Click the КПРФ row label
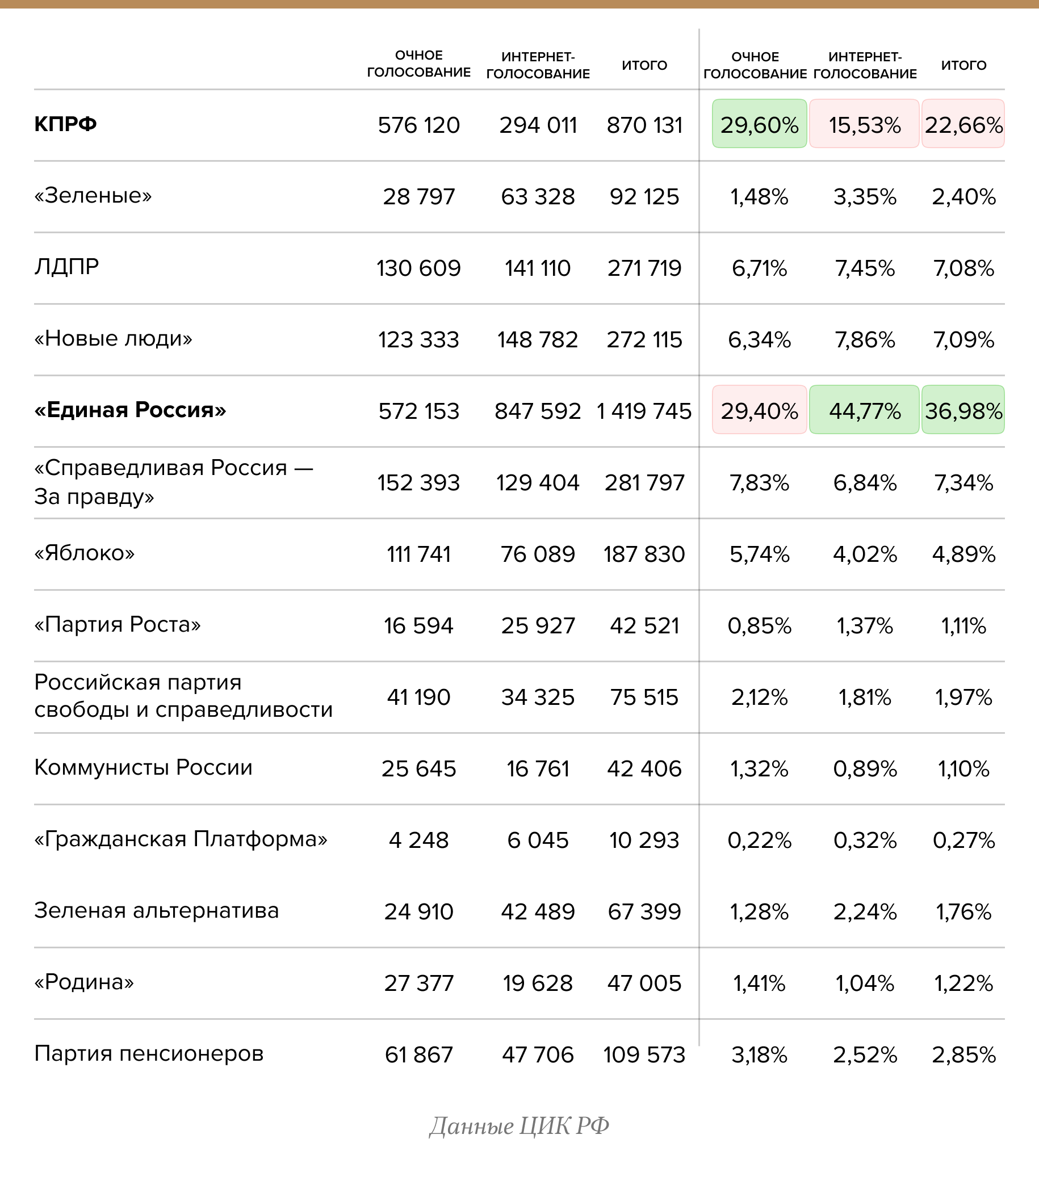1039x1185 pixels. (65, 124)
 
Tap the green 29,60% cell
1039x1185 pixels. (759, 124)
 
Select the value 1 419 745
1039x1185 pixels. (644, 411)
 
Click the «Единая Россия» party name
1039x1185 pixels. (130, 410)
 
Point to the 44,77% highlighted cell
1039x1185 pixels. (865, 410)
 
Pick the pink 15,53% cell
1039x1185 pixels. (865, 124)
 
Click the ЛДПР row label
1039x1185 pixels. (66, 267)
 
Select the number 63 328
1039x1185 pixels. (538, 196)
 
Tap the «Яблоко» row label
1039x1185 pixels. (85, 553)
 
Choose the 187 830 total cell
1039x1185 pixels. (644, 554)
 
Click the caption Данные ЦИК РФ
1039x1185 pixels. (519, 1125)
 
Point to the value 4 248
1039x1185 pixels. (418, 839)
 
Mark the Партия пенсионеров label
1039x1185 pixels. (149, 1053)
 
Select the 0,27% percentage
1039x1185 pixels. (963, 839)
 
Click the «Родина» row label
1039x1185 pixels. (84, 982)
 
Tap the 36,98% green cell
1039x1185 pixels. (963, 410)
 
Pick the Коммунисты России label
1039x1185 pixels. (143, 767)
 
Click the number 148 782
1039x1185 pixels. (538, 339)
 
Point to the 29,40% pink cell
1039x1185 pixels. (759, 410)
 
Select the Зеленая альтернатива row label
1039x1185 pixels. (157, 910)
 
